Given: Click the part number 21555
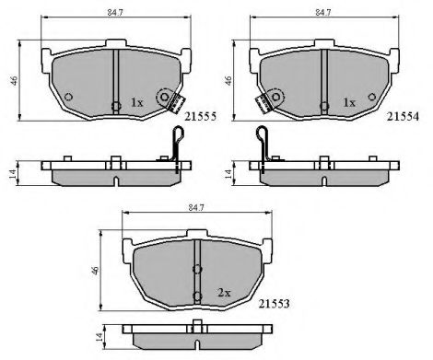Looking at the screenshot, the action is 200,117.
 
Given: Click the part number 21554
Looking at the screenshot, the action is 403,117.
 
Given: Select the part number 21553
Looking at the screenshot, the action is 274,304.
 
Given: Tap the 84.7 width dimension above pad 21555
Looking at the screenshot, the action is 115,13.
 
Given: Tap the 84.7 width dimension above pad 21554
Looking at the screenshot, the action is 323,13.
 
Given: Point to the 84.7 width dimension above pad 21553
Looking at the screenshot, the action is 196,208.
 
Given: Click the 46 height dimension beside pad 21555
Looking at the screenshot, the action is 14,80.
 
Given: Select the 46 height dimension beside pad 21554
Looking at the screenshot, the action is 228,80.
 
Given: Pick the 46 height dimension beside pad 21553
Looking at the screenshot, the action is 95,271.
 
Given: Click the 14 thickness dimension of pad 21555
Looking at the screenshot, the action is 13,174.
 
